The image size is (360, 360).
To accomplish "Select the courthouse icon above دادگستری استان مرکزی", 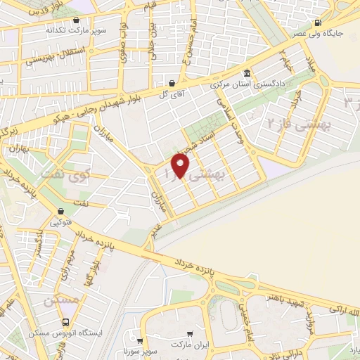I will coord(247,74).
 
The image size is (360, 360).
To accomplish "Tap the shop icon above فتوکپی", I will coord(60,211).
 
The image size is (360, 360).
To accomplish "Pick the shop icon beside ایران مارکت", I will coord(190,334).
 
